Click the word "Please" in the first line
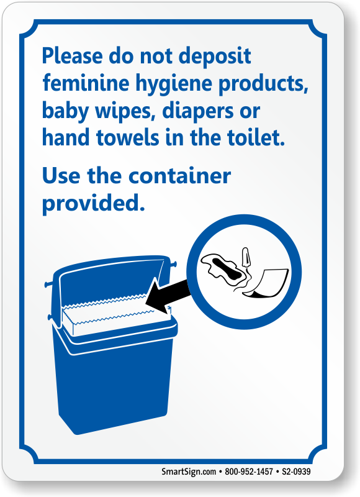click(x=73, y=56)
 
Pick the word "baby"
click(x=66, y=112)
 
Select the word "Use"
click(x=61, y=175)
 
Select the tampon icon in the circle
click(x=245, y=257)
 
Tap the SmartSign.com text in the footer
click(x=189, y=472)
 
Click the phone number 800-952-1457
click(x=248, y=472)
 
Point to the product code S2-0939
click(x=296, y=472)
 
